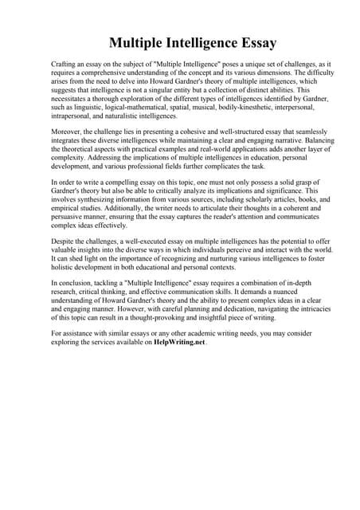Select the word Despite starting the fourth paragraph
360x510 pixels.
(63, 249)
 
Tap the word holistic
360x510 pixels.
(64, 280)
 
